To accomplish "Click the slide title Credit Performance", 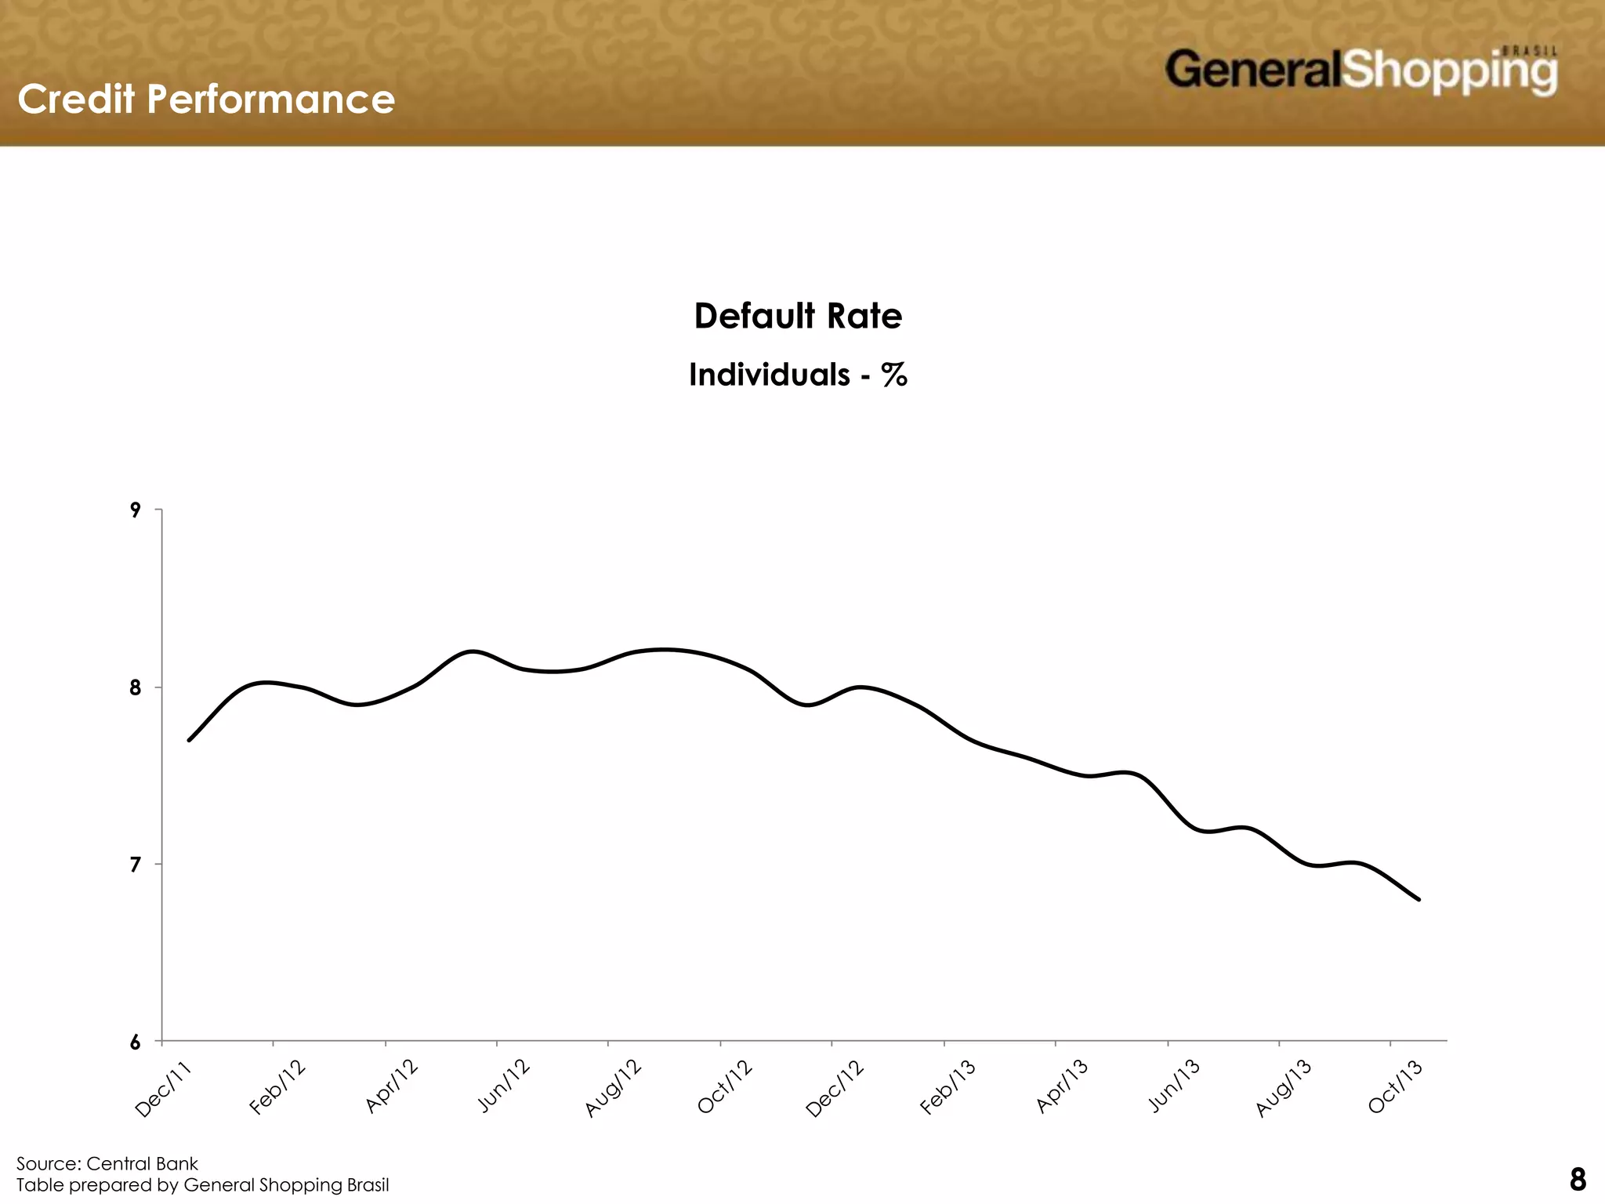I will pos(206,100).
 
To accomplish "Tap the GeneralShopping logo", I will pos(1360,71).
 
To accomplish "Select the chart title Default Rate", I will pos(798,316).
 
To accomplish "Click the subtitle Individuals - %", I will pos(798,375).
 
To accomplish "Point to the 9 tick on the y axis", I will pos(136,510).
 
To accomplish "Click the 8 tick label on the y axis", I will pos(136,687).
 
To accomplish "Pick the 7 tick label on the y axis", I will pos(136,865).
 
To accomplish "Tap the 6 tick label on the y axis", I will pos(136,1043).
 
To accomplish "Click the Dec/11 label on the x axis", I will pos(163,1088).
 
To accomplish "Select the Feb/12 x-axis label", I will pos(277,1086).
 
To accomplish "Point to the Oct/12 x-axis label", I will pos(725,1086).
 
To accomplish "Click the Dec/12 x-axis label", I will pos(835,1088).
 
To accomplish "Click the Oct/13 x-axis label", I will pos(1395,1086).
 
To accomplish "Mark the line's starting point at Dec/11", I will pos(189,740).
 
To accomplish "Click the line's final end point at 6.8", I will pos(1419,900).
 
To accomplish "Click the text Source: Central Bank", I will pos(107,1163).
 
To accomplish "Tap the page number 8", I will pos(1578,1180).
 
